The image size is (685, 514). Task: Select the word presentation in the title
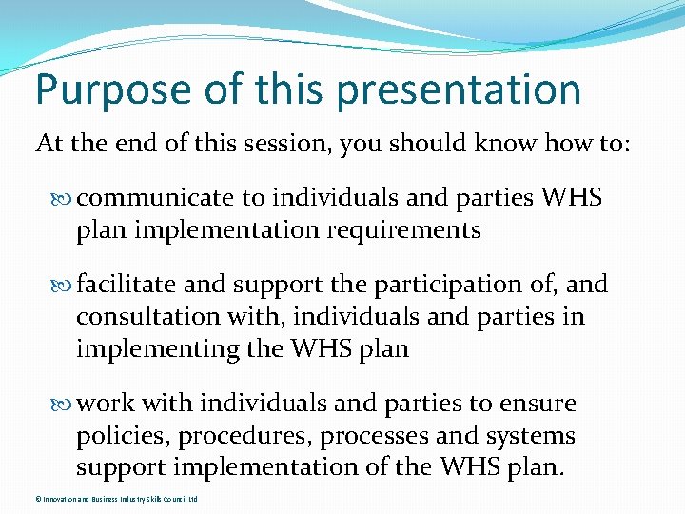[459, 90]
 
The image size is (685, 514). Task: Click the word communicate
[155, 198]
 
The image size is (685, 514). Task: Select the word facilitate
[127, 285]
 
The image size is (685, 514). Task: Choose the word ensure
[535, 404]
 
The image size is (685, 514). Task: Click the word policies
[118, 436]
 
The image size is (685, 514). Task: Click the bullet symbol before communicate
[64, 199]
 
